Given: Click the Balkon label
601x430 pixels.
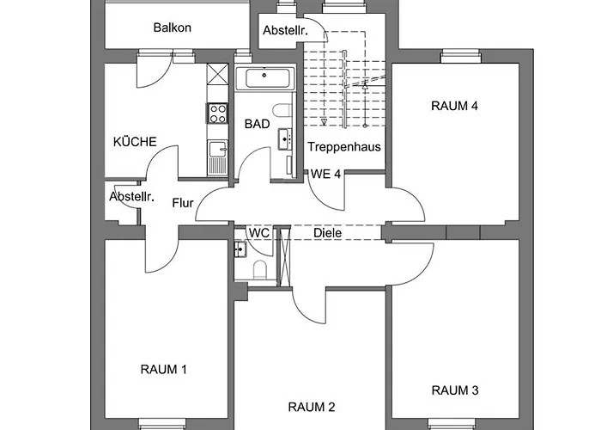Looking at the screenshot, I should point(172,28).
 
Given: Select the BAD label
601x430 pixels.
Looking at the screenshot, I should point(257,124).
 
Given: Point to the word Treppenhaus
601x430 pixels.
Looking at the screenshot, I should point(343,146).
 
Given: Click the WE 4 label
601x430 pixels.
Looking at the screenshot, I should point(325,174).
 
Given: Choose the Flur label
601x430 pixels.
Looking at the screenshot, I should point(182,204).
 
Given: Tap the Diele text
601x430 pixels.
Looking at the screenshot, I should point(327,232).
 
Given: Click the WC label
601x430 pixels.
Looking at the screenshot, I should point(259,232).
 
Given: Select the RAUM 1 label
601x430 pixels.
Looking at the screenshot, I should point(163,369).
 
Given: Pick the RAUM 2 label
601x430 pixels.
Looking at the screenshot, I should point(311,407).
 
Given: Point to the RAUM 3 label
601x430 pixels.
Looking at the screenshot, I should point(454,390).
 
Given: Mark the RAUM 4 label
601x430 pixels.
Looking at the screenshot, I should point(454,106).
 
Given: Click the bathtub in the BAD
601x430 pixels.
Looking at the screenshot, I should point(267,79).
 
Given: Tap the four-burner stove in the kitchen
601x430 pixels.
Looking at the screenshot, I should point(216,113).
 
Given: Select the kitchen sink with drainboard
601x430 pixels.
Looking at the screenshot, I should point(216,154).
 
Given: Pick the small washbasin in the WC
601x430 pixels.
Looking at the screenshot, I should point(240,249).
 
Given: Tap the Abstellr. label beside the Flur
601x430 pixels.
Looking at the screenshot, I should point(131,197).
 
